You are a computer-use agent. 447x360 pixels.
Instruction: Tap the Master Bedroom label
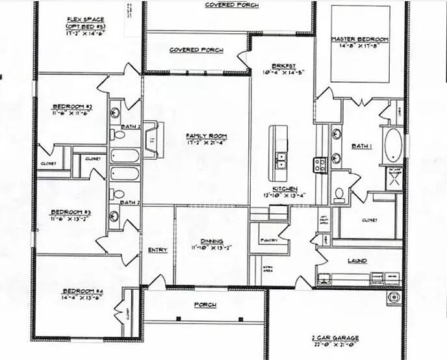click(x=360, y=40)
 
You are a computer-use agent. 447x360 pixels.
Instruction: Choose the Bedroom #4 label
click(x=81, y=290)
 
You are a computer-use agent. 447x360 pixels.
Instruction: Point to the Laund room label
click(x=357, y=261)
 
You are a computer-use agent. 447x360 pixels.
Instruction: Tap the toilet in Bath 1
click(x=340, y=194)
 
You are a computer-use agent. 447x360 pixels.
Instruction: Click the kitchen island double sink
click(x=281, y=160)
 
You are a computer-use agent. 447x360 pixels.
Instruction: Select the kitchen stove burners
click(x=320, y=165)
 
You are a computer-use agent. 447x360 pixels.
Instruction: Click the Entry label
click(x=158, y=250)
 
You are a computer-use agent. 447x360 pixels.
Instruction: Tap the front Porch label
click(x=205, y=305)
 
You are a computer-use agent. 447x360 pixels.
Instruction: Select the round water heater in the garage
click(x=392, y=298)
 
